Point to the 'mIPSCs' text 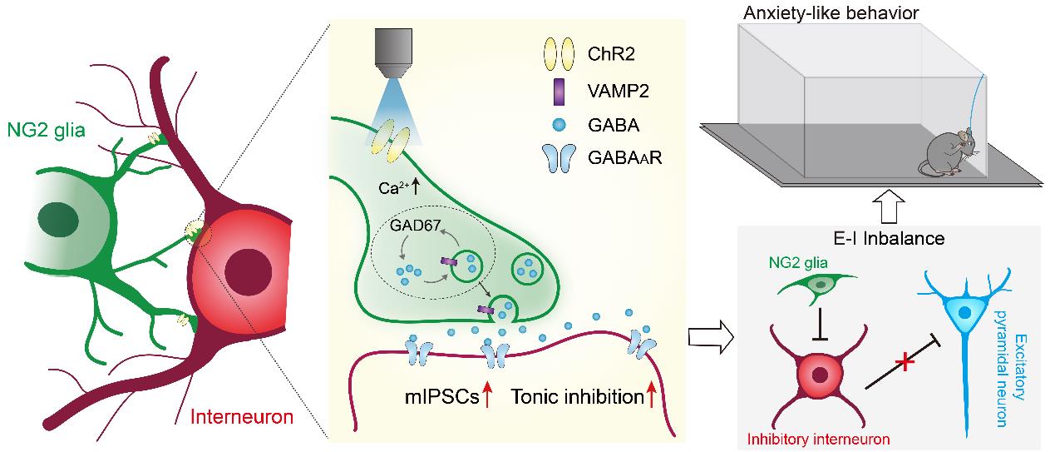[x=436, y=398]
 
